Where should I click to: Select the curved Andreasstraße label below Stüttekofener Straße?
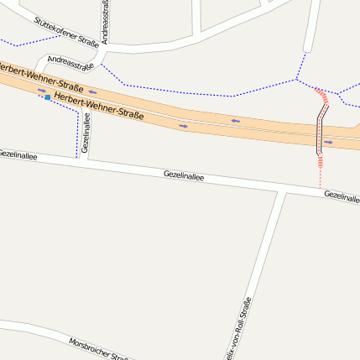[70, 62]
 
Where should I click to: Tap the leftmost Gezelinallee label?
[18, 154]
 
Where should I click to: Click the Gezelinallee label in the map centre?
[184, 175]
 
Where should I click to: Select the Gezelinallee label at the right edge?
[342, 196]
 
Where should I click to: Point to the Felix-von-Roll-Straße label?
[238, 328]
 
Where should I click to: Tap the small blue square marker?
[48, 98]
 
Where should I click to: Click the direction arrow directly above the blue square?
[41, 91]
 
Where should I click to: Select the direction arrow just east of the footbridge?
[329, 143]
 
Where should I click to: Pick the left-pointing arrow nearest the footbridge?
[236, 122]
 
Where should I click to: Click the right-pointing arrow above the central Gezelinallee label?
[183, 126]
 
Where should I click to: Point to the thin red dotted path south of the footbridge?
[320, 171]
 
